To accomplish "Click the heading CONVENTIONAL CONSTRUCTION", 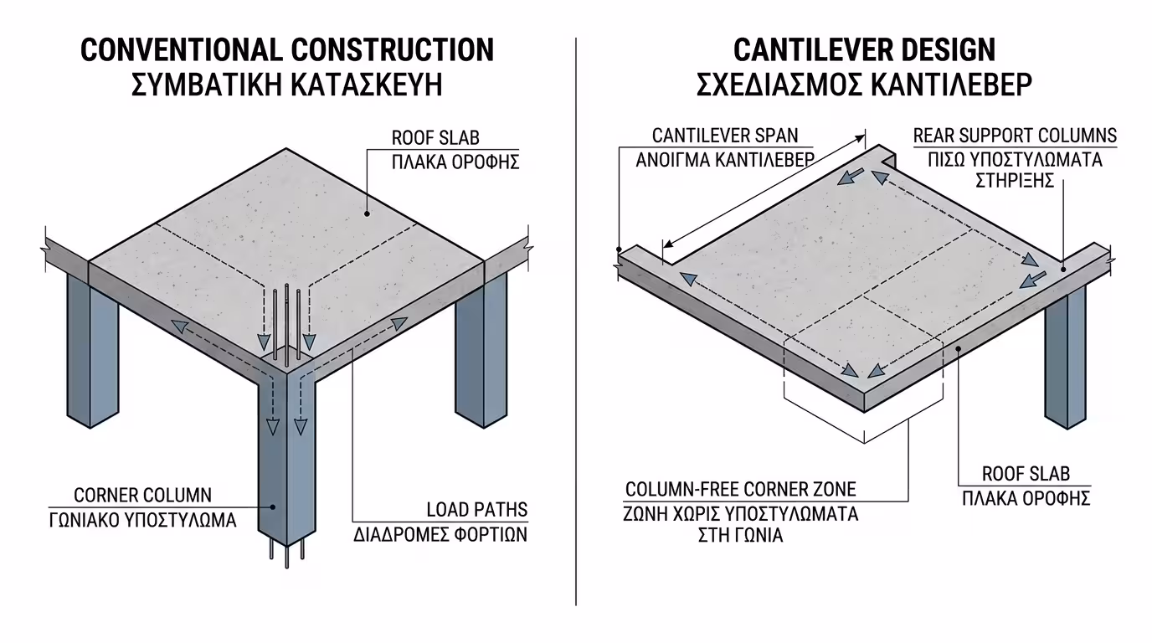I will point(287,50).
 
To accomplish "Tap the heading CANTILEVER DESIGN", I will point(864,50).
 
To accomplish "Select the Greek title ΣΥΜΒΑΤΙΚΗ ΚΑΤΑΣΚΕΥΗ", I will point(287,85).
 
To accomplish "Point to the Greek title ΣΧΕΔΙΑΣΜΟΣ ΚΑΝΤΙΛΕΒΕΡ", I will point(864,85).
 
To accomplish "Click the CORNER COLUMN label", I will point(143,495).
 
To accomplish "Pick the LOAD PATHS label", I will point(477,509).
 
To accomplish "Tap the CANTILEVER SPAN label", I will point(725,135).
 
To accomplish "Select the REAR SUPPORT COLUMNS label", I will point(1015,136).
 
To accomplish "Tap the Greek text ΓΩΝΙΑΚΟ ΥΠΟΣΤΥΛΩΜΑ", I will point(142,520).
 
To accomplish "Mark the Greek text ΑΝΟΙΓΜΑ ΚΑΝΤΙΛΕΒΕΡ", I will point(725,159).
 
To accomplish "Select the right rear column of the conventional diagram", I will point(481,352).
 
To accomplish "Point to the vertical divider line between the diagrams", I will point(576,335).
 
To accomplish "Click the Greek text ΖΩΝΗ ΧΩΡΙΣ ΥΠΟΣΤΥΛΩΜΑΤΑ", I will point(741,513).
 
